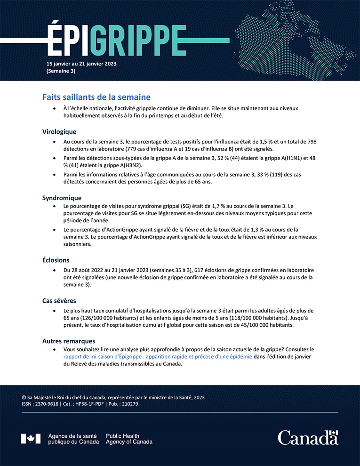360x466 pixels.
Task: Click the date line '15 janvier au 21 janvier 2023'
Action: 81,64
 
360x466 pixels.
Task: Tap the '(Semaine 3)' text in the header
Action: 61,72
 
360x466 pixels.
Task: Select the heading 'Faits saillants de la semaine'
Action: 96,97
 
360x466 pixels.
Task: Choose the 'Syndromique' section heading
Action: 62,198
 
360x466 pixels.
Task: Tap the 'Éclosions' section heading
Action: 56,260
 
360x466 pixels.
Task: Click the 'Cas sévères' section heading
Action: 59,300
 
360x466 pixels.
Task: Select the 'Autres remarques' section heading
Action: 69,341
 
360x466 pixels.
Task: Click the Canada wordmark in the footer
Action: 308,437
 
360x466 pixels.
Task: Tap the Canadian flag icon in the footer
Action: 31,439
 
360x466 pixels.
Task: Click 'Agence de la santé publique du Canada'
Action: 73,439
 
